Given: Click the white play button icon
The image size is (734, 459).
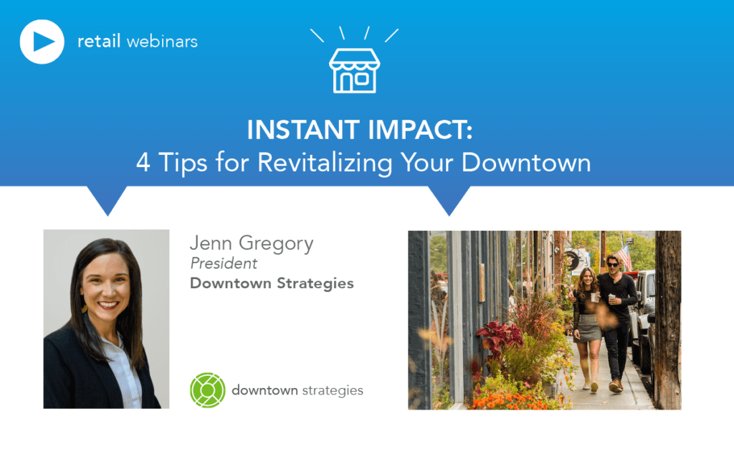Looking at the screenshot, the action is [42, 42].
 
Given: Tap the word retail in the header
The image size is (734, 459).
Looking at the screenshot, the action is [99, 41].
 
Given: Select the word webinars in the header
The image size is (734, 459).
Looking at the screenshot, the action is [162, 42].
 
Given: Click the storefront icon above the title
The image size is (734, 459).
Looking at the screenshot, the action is [354, 70].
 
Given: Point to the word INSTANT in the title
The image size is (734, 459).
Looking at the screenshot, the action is [304, 130].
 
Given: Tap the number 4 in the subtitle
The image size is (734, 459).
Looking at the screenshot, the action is [143, 163].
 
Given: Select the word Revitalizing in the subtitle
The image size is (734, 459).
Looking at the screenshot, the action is [325, 163].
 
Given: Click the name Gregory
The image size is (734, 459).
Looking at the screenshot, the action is [276, 244].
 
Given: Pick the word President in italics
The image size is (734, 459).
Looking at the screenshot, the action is [224, 264].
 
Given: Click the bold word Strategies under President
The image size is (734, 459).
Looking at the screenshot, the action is [315, 283].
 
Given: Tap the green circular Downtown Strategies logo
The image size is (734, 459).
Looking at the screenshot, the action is [207, 390].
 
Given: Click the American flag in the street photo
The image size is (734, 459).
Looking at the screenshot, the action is [624, 257].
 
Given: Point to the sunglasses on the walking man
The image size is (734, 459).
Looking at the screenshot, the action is [613, 265].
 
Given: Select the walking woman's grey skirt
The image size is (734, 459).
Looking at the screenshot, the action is [588, 328].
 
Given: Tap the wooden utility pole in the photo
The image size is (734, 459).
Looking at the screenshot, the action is [668, 320].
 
